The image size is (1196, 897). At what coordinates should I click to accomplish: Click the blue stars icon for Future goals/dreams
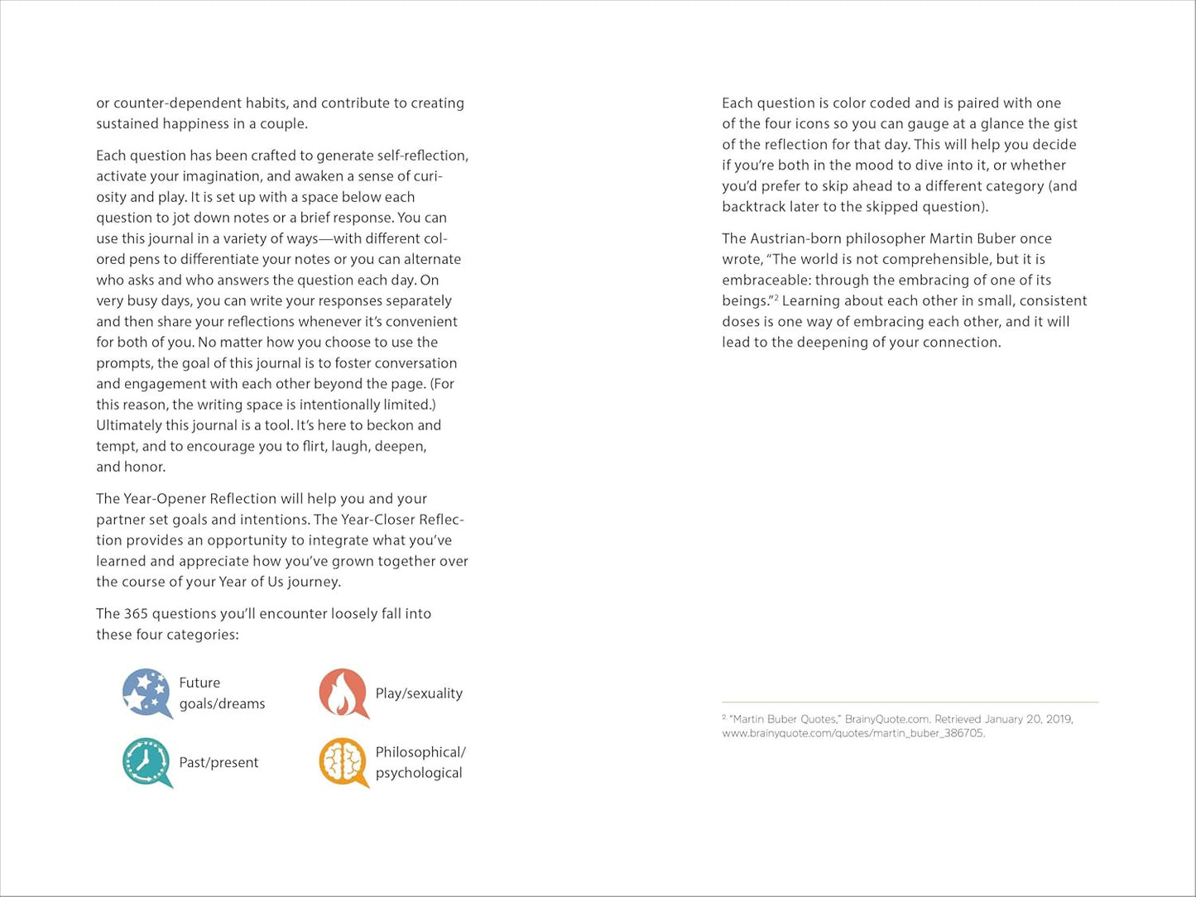[x=146, y=693]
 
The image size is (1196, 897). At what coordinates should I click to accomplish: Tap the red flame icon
[x=343, y=693]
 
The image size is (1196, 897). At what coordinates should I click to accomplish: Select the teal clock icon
[x=146, y=761]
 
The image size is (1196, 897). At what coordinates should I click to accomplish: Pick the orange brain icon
[x=343, y=761]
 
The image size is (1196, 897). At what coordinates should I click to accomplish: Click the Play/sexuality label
[x=419, y=693]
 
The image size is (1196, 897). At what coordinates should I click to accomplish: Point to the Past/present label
[x=219, y=762]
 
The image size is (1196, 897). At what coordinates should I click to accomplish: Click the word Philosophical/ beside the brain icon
[x=420, y=752]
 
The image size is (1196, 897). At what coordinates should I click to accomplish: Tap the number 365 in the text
[x=135, y=614]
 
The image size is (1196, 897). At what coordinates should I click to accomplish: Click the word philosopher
[x=879, y=238]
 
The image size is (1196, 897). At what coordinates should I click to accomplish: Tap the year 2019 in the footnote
[x=1059, y=719]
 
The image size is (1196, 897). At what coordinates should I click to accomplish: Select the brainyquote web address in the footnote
[x=853, y=733]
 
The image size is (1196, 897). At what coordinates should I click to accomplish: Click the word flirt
[x=311, y=446]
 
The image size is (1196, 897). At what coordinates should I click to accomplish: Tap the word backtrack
[x=757, y=207]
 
